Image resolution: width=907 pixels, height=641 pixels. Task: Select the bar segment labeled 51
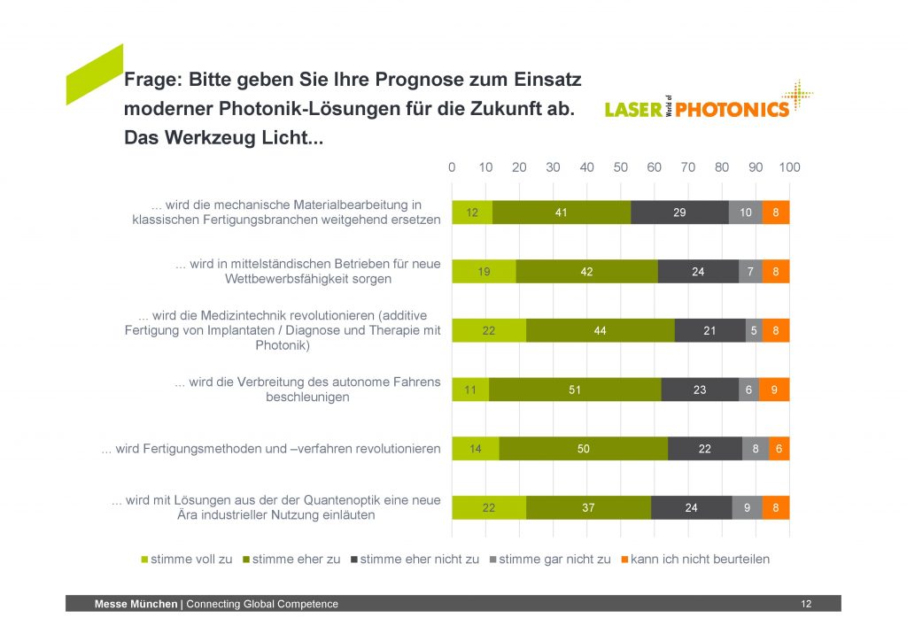coord(575,390)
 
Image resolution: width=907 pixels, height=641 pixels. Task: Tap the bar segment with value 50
coord(583,449)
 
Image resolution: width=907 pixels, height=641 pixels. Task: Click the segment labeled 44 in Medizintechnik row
coord(600,330)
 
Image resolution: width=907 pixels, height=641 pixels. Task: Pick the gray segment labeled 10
coord(745,212)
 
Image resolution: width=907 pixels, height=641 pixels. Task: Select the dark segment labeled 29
coord(679,212)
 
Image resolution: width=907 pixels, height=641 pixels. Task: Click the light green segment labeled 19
coord(484,272)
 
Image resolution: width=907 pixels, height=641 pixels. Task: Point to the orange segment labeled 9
coord(773,390)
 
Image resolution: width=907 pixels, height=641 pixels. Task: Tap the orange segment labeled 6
coord(779,449)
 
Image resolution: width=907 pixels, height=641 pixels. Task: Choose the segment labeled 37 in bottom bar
coord(588,508)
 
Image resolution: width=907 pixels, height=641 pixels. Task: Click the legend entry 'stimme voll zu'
coord(187,559)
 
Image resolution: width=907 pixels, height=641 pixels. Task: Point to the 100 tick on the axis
coord(789,167)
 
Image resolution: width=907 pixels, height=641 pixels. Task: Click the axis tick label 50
coord(620,167)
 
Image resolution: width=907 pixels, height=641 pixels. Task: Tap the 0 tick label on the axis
coord(452,167)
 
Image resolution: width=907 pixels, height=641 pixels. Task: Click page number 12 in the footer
coord(805,604)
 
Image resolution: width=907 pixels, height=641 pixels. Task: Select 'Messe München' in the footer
coord(136,604)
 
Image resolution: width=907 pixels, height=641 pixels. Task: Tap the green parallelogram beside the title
coord(94,74)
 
